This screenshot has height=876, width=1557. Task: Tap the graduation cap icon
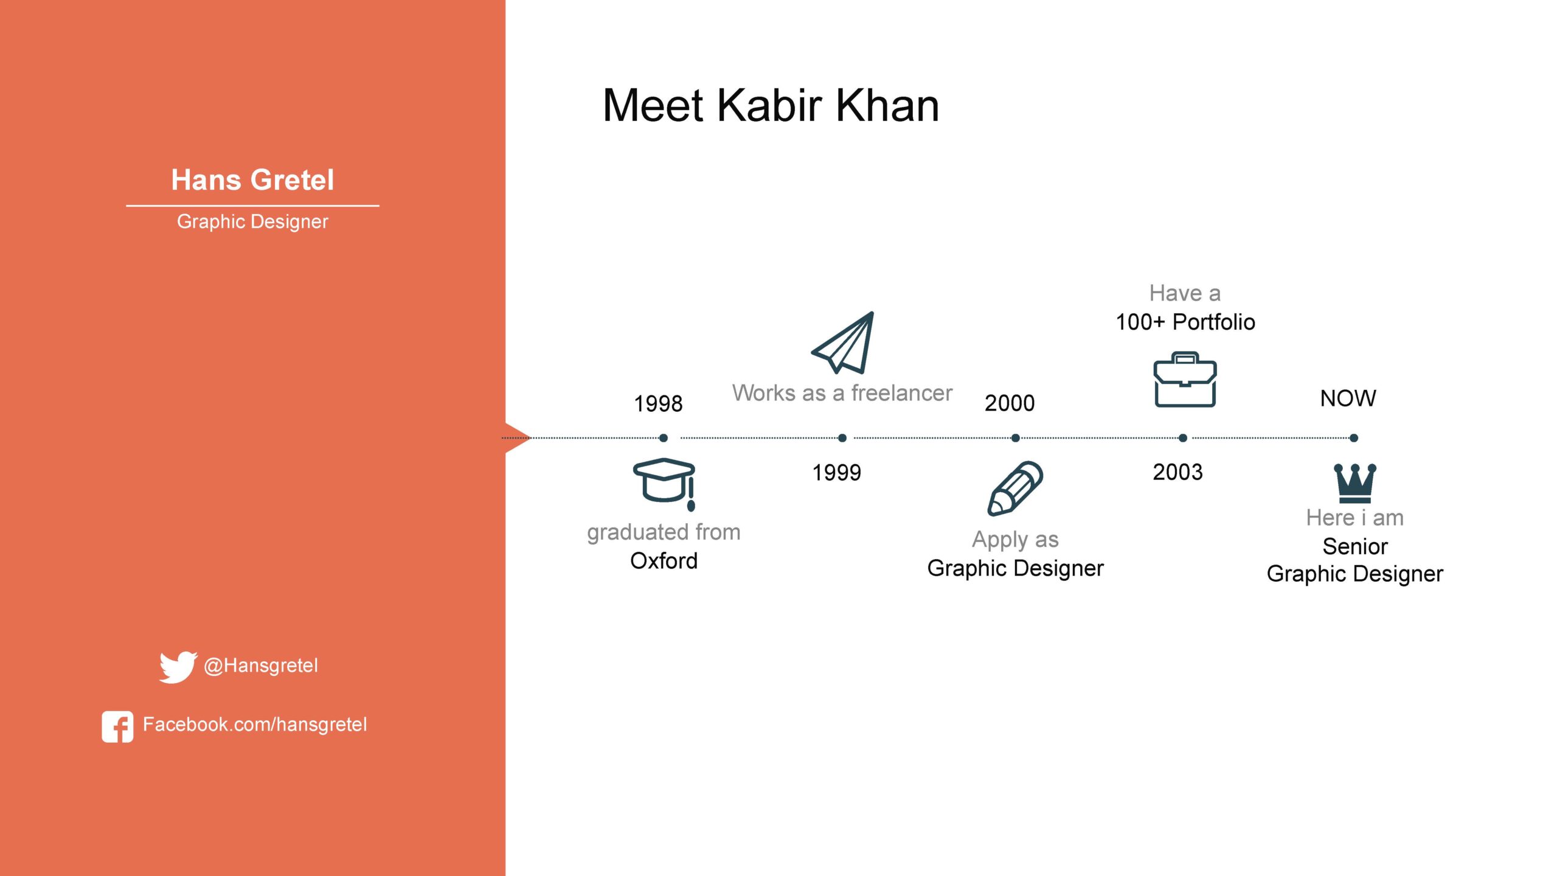coord(664,482)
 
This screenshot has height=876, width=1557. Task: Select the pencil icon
coord(1014,488)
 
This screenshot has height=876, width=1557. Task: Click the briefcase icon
coord(1185,379)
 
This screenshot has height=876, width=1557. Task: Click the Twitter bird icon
coord(178,667)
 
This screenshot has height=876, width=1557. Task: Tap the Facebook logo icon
coord(117,726)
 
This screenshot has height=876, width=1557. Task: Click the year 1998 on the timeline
coord(658,403)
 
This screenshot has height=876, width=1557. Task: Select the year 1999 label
coord(837,473)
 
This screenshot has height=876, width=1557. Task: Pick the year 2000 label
coord(1010,403)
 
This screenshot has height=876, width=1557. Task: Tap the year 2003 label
coord(1177,472)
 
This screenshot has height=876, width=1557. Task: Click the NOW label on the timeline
coord(1348,398)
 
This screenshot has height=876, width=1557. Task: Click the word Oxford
coord(664,561)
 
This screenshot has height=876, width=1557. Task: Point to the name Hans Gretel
coord(252,180)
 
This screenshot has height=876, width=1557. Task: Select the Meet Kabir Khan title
coord(771,105)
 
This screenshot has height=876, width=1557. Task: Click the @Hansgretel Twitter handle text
coord(261,666)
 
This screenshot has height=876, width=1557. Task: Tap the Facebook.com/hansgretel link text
coord(255,725)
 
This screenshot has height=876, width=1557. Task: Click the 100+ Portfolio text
coord(1185,322)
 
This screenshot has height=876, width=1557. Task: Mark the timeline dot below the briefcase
coord(1183,438)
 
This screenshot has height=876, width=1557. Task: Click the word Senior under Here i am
coord(1355,546)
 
